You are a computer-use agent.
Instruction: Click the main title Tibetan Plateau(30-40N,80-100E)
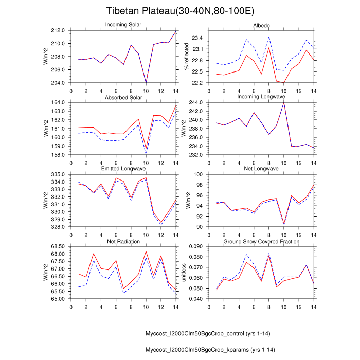[x=179, y=11]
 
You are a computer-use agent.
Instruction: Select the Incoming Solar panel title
[x=123, y=25]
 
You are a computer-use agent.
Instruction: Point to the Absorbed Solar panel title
[x=123, y=98]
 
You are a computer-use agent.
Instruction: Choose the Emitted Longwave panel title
[x=123, y=169]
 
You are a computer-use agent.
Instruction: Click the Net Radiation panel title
[x=123, y=241]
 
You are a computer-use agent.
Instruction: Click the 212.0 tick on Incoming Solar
[x=59, y=30]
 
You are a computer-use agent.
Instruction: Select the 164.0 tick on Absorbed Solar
[x=59, y=103]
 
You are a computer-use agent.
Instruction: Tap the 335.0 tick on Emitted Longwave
[x=59, y=175]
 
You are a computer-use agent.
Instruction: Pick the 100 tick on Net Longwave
[x=201, y=175]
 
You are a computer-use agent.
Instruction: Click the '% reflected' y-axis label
[x=185, y=57]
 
